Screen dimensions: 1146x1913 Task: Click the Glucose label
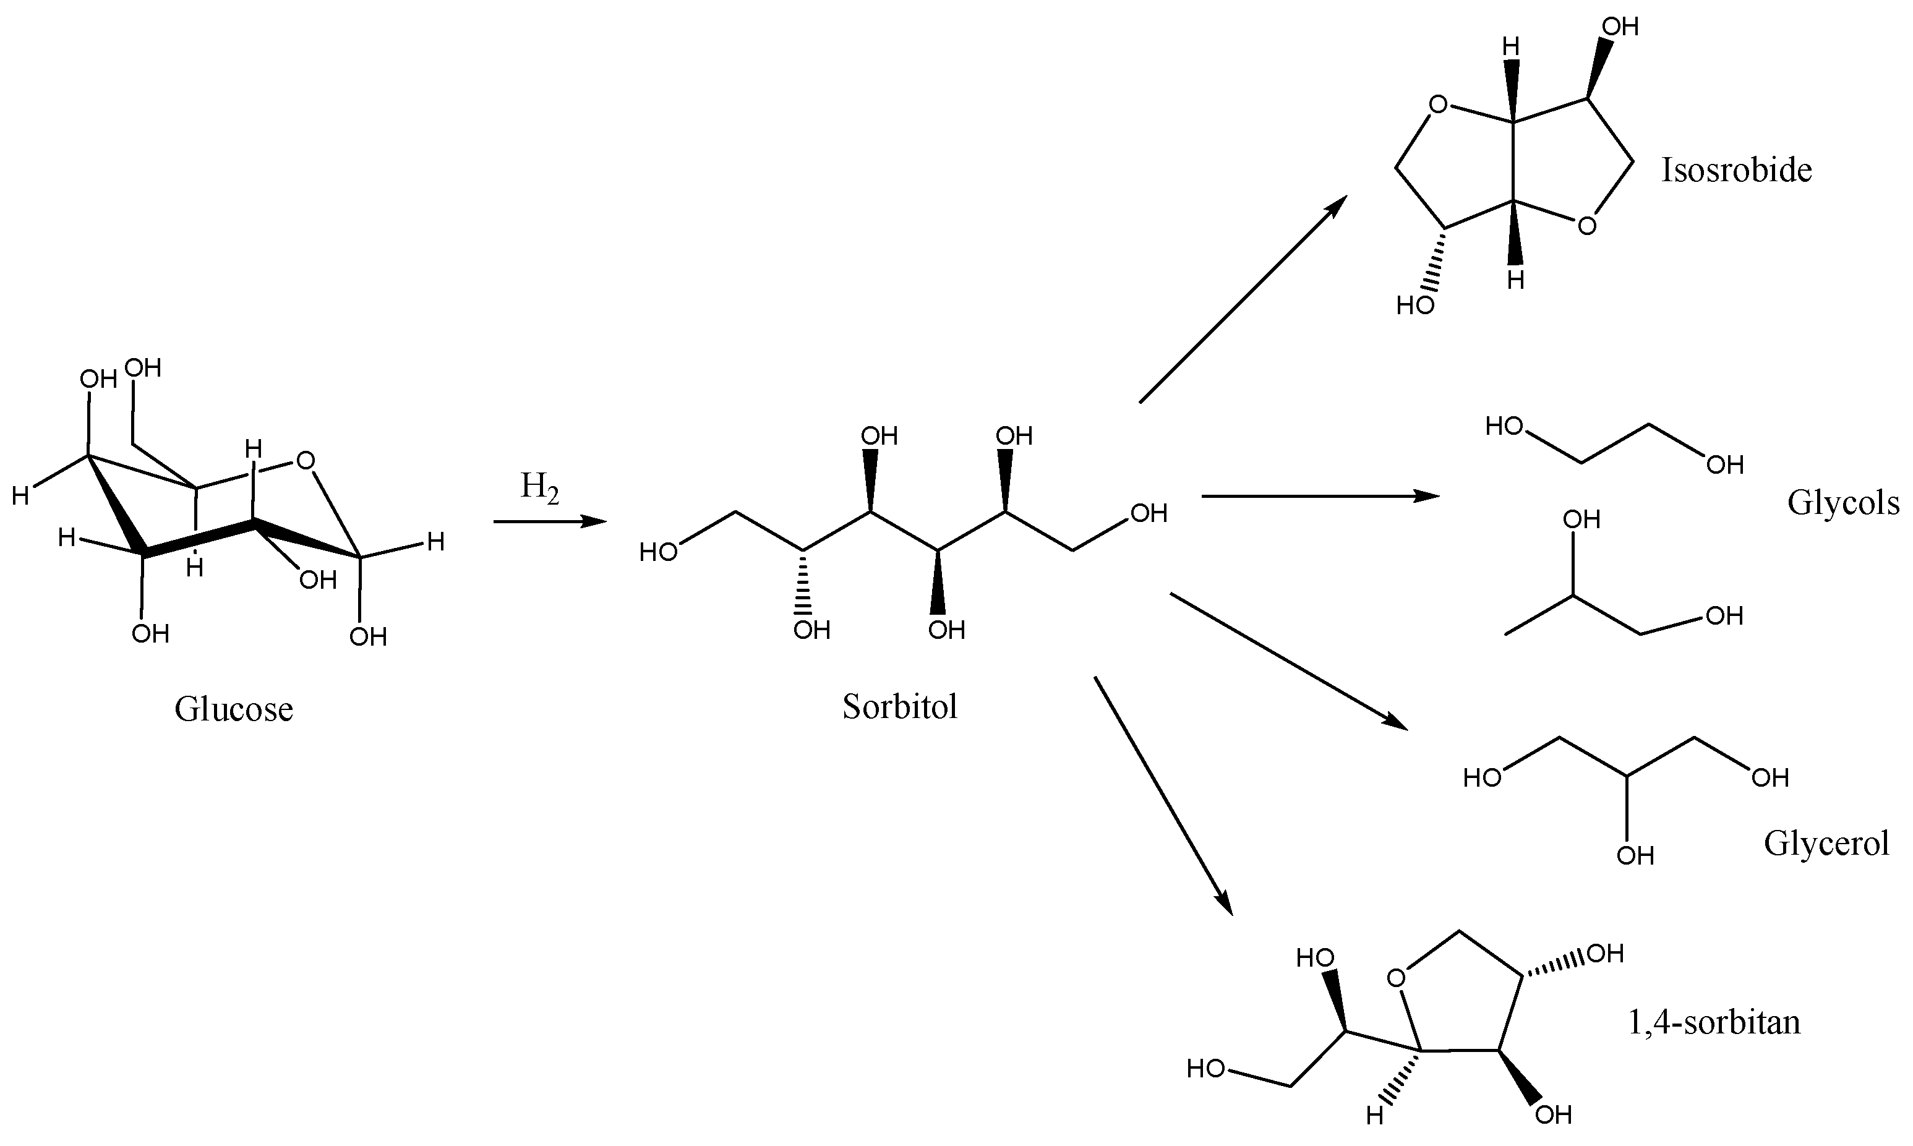pyautogui.click(x=233, y=709)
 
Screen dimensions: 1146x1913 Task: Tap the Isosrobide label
pyautogui.click(x=1736, y=170)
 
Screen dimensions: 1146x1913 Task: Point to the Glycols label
pyautogui.click(x=1842, y=503)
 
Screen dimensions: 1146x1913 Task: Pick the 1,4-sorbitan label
pyautogui.click(x=1713, y=1022)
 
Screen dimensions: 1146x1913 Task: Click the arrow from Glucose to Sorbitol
pyautogui.click(x=549, y=522)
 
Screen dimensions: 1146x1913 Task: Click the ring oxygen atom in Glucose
pyautogui.click(x=305, y=462)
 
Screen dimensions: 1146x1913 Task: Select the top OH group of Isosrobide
pyautogui.click(x=1619, y=28)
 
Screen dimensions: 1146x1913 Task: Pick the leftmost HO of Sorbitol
pyautogui.click(x=658, y=552)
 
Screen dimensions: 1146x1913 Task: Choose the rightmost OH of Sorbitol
pyautogui.click(x=1149, y=513)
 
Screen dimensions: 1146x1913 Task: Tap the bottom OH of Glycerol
pyautogui.click(x=1635, y=856)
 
